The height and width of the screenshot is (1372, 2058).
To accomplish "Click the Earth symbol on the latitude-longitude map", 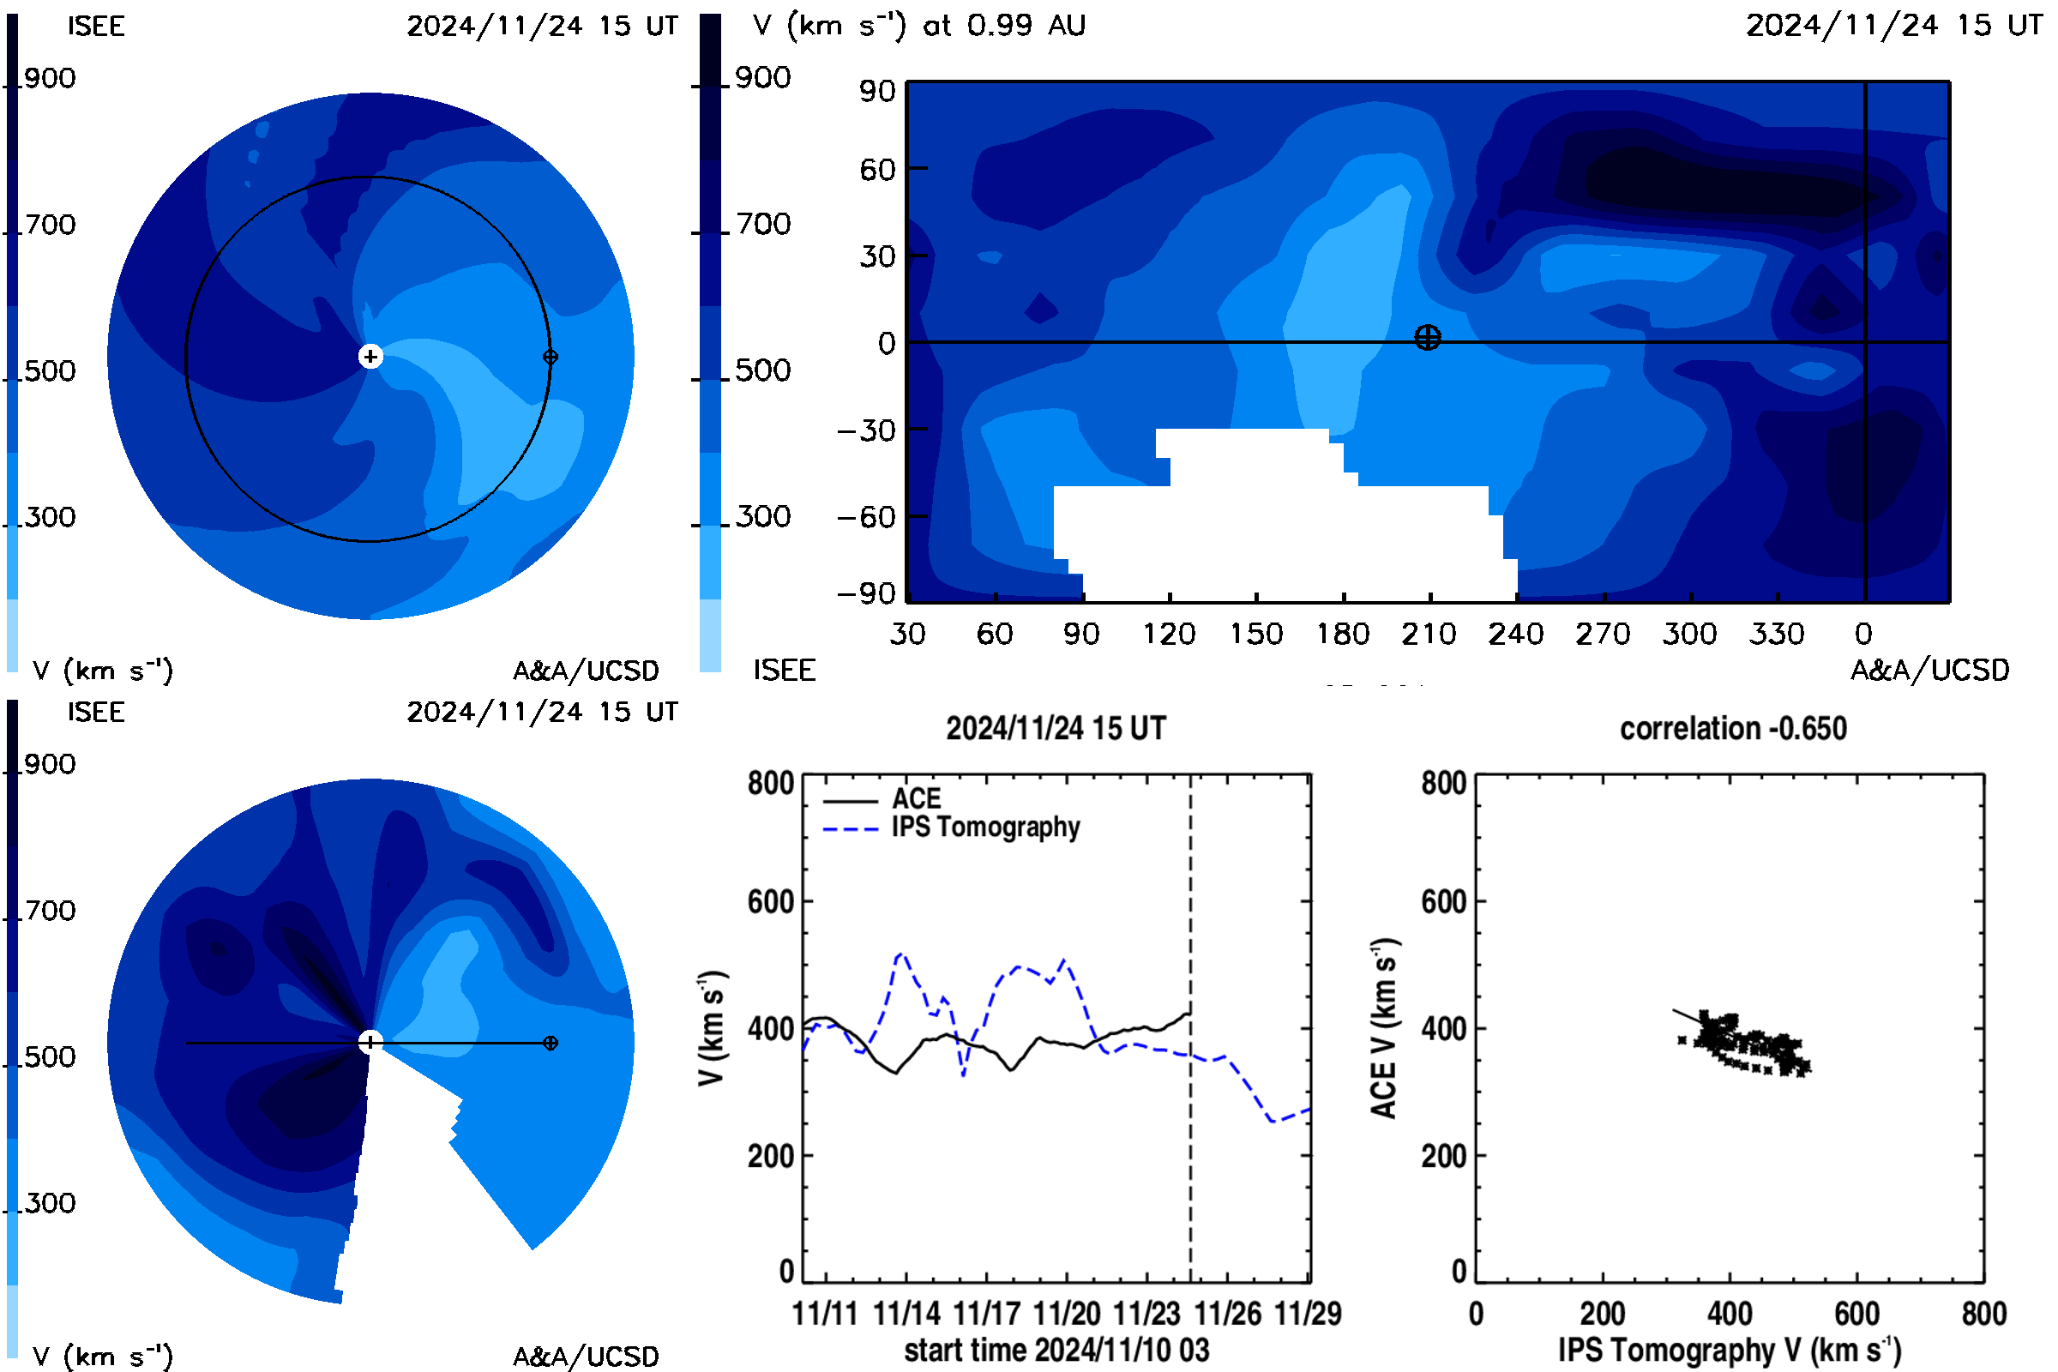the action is click(x=1427, y=337).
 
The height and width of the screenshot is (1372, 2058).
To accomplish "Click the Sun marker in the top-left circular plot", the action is click(x=370, y=356).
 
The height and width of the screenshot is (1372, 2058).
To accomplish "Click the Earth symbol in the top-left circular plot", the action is click(x=551, y=357).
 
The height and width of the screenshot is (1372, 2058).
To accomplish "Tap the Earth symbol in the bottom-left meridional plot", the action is click(x=551, y=1043).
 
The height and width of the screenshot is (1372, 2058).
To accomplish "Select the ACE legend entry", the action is click(x=882, y=798).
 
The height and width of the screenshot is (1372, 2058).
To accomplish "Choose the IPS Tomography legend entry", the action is click(x=951, y=827).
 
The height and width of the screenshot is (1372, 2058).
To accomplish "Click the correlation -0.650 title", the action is click(x=1732, y=728).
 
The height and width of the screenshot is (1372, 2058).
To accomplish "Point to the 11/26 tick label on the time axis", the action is click(x=1228, y=1314).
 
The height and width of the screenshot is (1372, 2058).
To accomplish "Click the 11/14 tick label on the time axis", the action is click(x=906, y=1314).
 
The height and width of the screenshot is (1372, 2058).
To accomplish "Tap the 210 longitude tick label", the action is click(x=1428, y=634).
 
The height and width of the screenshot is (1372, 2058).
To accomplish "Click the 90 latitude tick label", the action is click(x=876, y=91).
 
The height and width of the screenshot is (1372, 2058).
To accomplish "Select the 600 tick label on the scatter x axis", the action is click(x=1856, y=1314).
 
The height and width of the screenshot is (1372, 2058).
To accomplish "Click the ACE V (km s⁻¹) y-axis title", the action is click(x=1384, y=1028).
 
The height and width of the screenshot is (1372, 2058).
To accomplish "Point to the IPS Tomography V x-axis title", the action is click(x=1730, y=1350).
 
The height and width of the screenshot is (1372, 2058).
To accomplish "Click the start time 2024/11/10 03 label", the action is click(x=1056, y=1350).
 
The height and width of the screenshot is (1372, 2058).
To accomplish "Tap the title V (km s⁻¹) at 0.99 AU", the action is click(x=918, y=26).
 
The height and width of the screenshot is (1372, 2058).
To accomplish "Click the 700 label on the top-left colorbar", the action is click(x=50, y=225).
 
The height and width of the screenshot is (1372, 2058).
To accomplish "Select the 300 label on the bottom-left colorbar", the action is click(x=50, y=1203).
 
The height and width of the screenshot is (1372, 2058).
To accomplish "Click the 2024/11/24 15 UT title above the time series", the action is click(x=1056, y=728).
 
